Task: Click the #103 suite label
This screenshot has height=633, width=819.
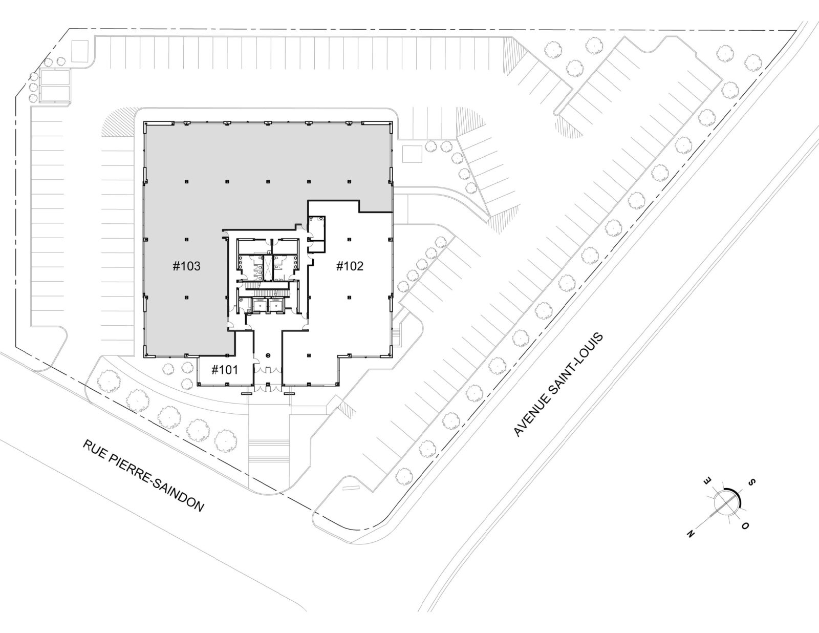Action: (186, 266)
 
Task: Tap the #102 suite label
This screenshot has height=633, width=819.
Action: (350, 266)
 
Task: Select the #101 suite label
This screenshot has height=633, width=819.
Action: (225, 370)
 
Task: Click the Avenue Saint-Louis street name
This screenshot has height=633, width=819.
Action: (558, 385)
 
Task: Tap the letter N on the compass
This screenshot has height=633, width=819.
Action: (691, 534)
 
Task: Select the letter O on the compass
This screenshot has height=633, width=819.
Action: (745, 525)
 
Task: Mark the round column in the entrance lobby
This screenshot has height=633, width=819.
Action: (268, 355)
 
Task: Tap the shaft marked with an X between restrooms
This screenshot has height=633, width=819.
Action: (268, 268)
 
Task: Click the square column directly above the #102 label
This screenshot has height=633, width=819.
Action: (350, 239)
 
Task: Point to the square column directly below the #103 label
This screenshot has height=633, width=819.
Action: (186, 298)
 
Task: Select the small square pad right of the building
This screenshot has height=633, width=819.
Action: (412, 154)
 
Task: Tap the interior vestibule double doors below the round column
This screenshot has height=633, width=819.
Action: (268, 369)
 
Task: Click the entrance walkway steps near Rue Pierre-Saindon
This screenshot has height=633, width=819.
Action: (269, 452)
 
